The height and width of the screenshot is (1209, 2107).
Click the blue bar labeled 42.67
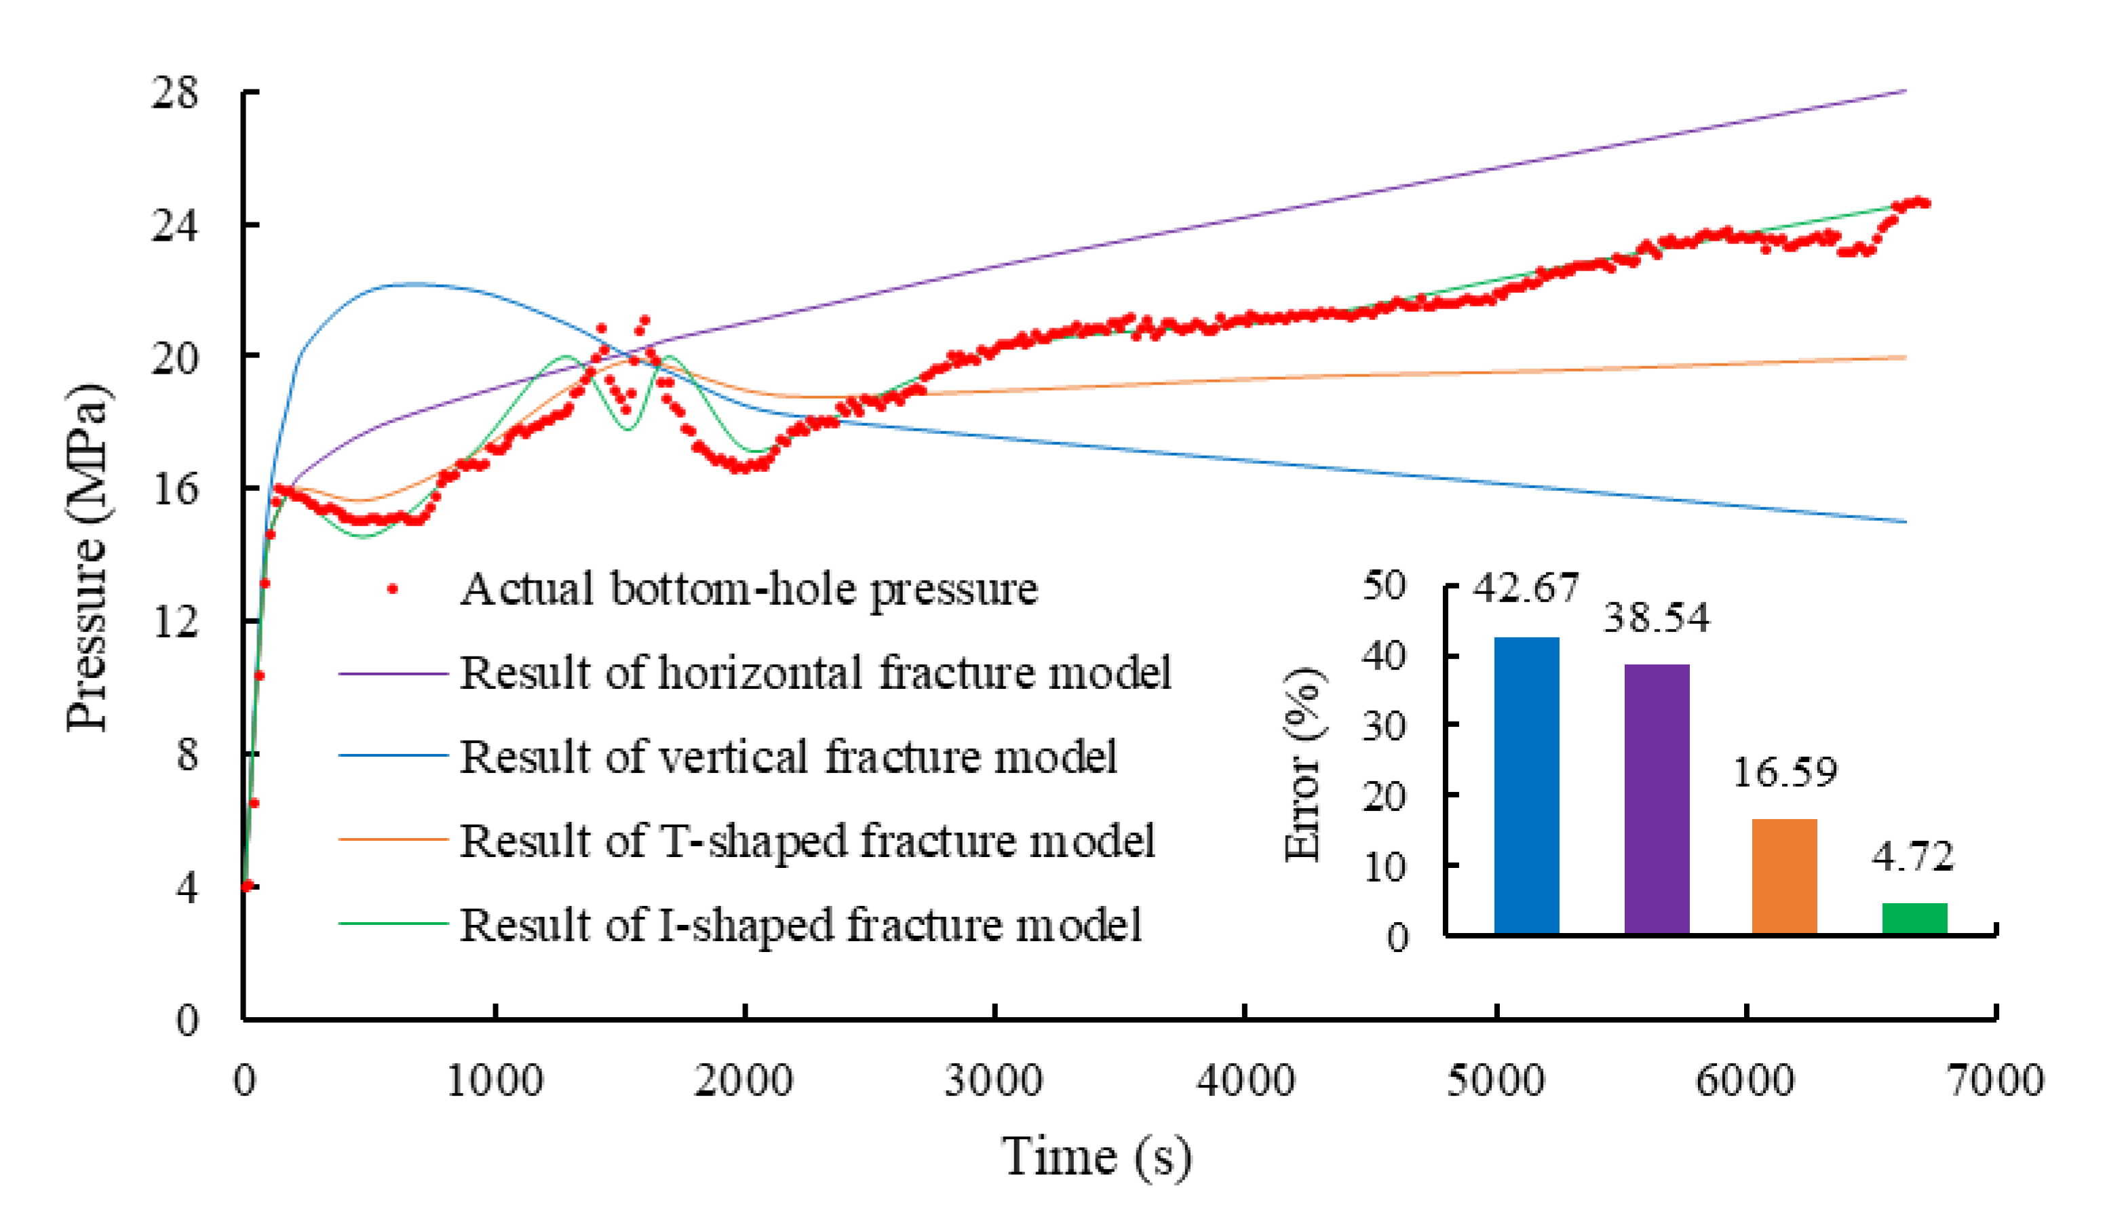click(1526, 785)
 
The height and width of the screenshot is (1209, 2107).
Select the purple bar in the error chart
click(1656, 798)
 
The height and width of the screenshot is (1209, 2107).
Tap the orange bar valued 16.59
click(1784, 876)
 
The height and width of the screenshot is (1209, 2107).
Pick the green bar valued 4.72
click(1914, 917)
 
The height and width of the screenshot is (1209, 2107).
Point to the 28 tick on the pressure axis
click(175, 92)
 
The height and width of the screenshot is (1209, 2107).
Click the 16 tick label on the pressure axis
click(175, 490)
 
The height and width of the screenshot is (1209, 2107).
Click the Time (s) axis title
click(1096, 1157)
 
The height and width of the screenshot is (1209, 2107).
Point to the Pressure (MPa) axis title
click(88, 557)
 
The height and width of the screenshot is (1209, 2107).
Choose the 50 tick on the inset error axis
click(1385, 585)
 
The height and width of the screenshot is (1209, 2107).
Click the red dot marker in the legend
click(393, 589)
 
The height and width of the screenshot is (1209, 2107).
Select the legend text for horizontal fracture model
click(815, 673)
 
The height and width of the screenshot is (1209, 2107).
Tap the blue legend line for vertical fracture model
click(393, 755)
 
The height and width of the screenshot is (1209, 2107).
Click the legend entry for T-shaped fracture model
click(807, 840)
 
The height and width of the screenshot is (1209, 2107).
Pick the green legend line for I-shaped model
click(393, 924)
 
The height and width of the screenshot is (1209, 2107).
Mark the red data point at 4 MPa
click(247, 886)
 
